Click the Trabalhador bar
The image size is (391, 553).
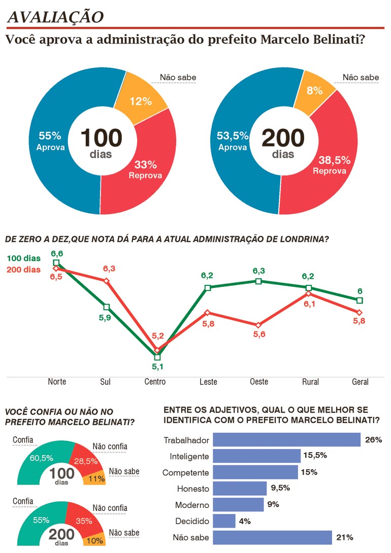pos(286,439)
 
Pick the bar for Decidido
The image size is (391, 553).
pos(224,521)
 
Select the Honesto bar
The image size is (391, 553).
pos(240,489)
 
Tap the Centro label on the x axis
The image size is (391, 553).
pos(155,382)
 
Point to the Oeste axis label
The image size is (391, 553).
pos(258,382)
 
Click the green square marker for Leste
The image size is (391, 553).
pos(208,288)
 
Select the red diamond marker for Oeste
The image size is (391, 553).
pos(258,325)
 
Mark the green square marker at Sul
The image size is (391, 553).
pos(106,307)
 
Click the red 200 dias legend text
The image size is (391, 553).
pos(23,270)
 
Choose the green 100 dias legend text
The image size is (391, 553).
pos(23,259)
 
